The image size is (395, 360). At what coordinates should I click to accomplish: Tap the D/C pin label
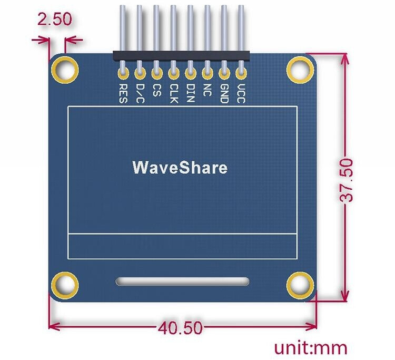pos(140,93)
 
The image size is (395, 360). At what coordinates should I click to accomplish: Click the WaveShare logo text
pos(180,168)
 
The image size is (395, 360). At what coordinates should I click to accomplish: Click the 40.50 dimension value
pos(180,328)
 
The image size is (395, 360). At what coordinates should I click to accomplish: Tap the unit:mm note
pos(311,348)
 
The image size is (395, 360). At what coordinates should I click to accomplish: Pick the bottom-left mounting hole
pos(65,285)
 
